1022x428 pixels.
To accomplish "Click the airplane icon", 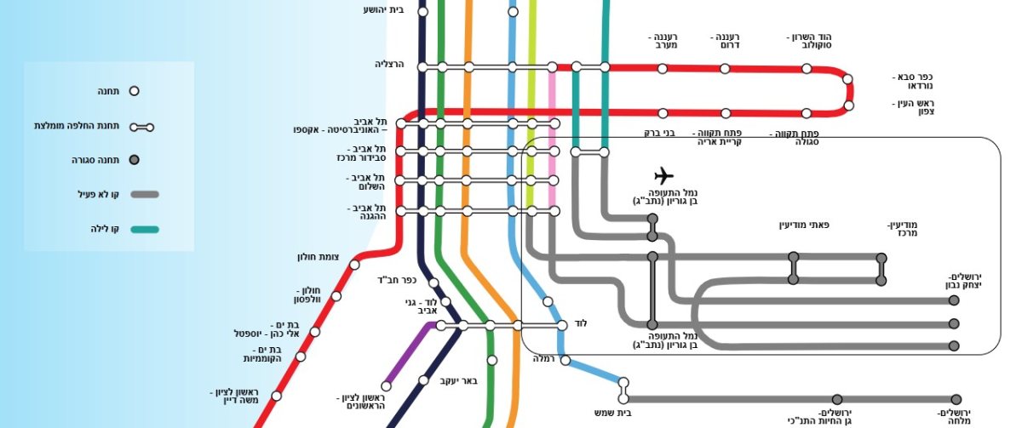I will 663,176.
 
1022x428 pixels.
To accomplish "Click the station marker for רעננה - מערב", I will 662,68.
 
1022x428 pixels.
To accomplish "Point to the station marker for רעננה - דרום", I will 725,68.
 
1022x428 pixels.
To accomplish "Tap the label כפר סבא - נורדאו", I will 914,81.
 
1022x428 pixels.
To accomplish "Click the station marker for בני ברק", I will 662,112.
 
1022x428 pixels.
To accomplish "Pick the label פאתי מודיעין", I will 804,225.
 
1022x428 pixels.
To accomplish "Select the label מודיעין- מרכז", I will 902,230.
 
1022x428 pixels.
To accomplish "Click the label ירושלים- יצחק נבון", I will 965,281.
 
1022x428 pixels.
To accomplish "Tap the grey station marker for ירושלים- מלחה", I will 956,399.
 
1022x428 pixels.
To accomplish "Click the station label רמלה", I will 543,359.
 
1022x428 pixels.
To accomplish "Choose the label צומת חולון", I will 319,257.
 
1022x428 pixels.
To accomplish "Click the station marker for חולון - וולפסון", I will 336,296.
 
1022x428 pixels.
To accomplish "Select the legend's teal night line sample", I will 144,229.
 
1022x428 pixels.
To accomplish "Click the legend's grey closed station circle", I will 134,159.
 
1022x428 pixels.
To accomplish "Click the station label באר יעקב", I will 459,380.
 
